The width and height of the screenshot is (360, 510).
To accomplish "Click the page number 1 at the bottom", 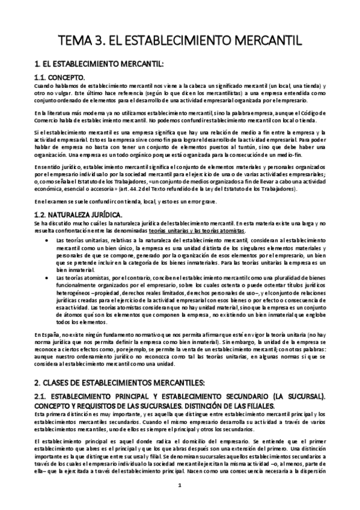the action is (180, 485).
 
